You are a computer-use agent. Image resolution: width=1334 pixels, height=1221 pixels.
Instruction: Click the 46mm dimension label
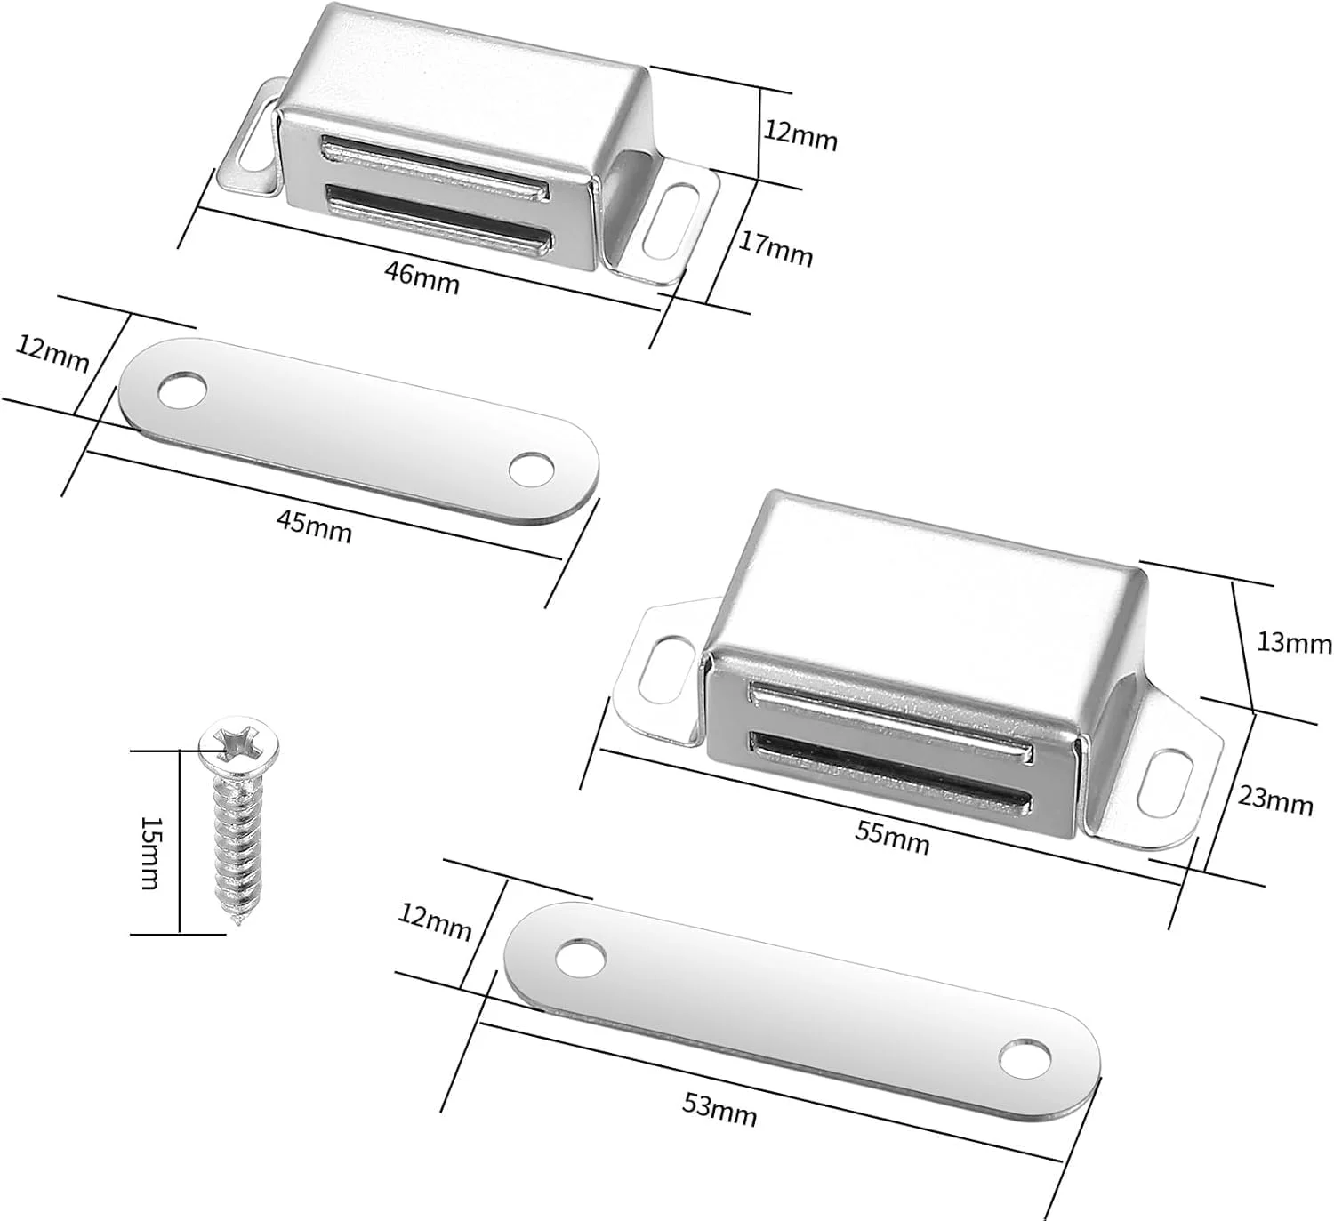click(x=422, y=277)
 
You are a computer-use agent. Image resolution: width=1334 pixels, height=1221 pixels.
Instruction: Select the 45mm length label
click(x=314, y=526)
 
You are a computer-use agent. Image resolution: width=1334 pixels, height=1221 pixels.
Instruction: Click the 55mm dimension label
click(x=892, y=837)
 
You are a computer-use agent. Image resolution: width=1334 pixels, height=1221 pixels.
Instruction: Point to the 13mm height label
click(x=1293, y=642)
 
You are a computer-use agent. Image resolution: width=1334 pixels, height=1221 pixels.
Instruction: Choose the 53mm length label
click(x=719, y=1109)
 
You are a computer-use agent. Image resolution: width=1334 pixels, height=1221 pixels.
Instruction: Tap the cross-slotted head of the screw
click(x=240, y=743)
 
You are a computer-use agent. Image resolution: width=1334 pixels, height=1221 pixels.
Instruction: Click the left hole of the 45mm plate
click(x=182, y=390)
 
